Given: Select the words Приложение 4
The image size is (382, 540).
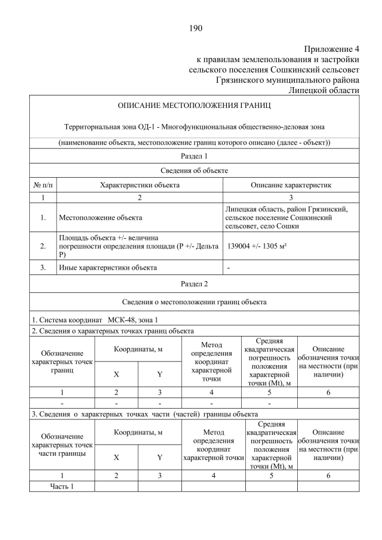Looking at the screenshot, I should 331,48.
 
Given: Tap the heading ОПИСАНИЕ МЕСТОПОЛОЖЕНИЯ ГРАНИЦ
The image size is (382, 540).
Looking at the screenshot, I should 194,106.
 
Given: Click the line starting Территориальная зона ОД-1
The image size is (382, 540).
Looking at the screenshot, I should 194,126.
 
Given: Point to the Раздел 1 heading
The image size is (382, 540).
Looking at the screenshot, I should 194,156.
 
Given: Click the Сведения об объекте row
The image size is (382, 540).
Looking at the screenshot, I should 194,171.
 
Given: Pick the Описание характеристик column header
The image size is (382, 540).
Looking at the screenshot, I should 291,185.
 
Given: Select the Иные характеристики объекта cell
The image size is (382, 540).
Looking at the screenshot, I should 107,267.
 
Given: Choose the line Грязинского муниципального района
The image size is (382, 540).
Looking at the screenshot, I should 287,79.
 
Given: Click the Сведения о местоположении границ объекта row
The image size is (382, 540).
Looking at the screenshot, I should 194,302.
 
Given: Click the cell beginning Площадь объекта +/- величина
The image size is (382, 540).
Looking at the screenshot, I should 107,246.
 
